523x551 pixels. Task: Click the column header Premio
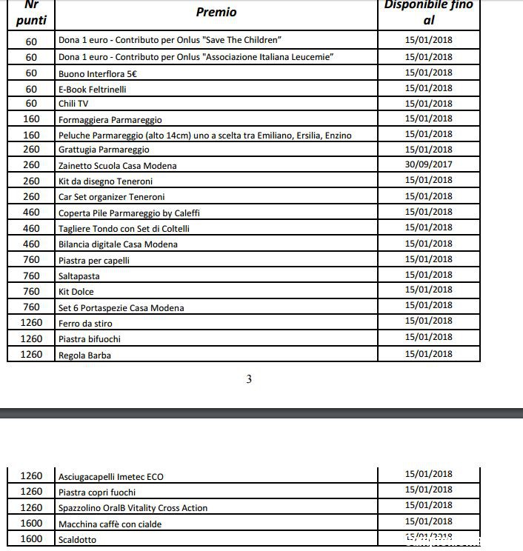click(216, 12)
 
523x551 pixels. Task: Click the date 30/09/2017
click(428, 165)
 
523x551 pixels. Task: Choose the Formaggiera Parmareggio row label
click(110, 120)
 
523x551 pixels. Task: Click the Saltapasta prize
click(79, 276)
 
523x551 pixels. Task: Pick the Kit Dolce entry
click(76, 292)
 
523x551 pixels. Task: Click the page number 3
click(249, 380)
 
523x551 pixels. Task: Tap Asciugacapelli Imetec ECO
click(111, 477)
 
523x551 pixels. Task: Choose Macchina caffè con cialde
click(110, 524)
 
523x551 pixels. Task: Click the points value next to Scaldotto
click(31, 539)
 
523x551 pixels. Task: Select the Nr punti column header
click(31, 13)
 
